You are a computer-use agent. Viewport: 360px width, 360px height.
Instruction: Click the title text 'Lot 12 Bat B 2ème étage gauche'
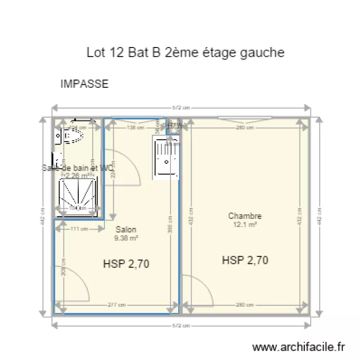[185, 52]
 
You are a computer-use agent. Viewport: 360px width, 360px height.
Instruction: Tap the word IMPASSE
[84, 84]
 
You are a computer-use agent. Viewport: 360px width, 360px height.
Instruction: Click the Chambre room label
[245, 216]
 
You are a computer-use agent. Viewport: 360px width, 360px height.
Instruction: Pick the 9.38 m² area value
[126, 238]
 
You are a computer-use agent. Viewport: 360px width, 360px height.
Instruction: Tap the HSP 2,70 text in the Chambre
[245, 260]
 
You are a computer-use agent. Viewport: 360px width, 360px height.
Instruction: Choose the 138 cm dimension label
[135, 127]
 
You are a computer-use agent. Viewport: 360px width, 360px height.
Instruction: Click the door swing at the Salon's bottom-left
[73, 283]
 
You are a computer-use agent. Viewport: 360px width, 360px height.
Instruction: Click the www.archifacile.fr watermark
[299, 347]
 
